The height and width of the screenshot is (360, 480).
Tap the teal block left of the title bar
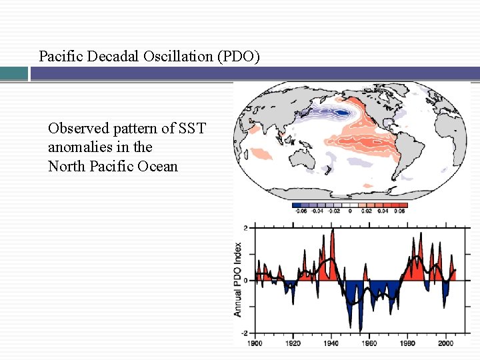[x=13, y=73]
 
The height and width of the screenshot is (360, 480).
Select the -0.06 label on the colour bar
[x=300, y=211]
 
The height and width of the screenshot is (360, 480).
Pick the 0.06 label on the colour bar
[x=399, y=211]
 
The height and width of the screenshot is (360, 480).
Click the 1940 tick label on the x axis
[x=331, y=343]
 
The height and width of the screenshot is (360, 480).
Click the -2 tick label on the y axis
[x=245, y=333]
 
